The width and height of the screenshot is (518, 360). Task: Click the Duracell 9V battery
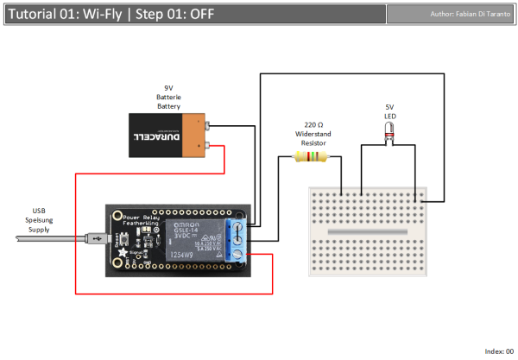click(x=169, y=136)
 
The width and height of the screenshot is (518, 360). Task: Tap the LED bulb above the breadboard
click(x=389, y=129)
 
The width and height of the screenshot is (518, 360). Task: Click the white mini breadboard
click(x=366, y=231)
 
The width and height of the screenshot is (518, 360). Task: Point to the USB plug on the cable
click(x=94, y=236)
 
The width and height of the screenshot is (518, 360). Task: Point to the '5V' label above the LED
click(x=390, y=108)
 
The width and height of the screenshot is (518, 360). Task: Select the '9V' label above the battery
click(x=168, y=88)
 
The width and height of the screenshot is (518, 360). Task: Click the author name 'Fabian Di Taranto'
click(x=473, y=15)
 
